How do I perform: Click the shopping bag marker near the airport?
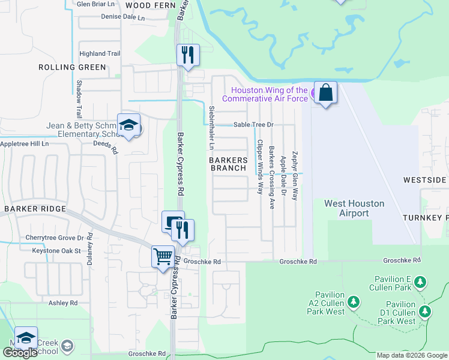325,94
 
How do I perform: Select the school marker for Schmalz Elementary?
128,125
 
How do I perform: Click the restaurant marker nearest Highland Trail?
187,56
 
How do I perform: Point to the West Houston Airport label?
354,208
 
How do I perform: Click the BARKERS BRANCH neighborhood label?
228,164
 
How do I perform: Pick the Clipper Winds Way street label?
260,167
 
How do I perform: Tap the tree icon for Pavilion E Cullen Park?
421,281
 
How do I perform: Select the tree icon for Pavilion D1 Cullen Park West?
425,311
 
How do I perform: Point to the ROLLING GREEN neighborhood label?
73,68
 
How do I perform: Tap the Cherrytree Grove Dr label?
53,238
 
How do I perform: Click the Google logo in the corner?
20,353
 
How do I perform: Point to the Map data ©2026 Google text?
412,355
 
